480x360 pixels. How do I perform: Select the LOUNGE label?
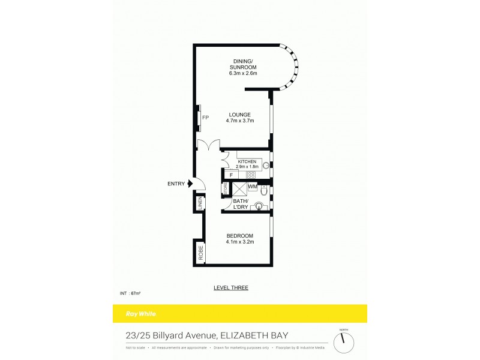point(240,114)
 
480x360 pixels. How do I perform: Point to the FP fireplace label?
point(205,117)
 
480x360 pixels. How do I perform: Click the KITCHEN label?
point(247,162)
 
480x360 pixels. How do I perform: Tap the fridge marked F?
point(231,175)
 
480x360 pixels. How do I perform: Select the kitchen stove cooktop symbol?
point(251,175)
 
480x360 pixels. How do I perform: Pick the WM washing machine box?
point(253,187)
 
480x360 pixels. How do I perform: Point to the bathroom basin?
point(259,207)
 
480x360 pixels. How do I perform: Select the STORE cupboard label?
point(226,189)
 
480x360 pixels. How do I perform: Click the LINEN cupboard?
point(199,203)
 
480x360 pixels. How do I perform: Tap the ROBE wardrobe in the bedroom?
point(199,252)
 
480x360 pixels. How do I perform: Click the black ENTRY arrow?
point(191,184)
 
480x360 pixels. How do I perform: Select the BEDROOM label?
point(240,235)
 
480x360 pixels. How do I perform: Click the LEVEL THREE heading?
point(231,287)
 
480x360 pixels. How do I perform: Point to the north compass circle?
point(343,343)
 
